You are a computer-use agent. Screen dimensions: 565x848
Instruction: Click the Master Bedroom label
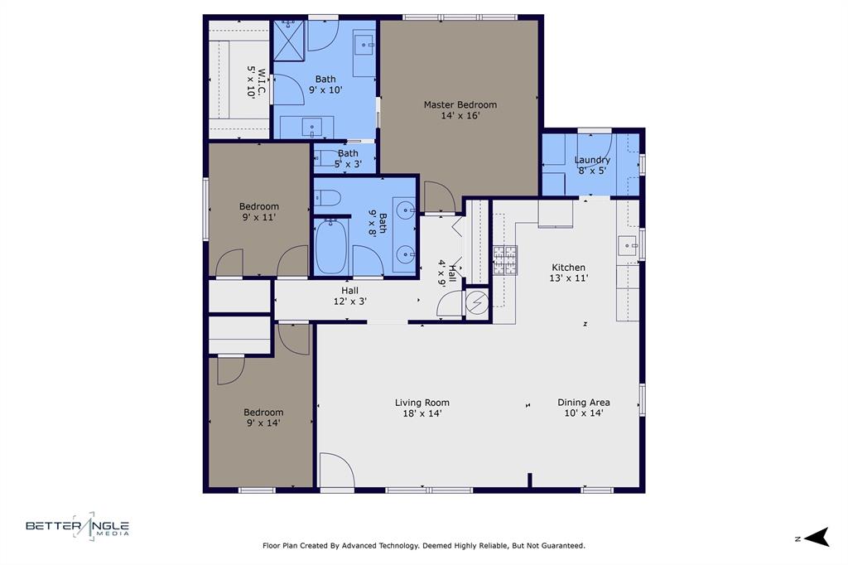point(460,110)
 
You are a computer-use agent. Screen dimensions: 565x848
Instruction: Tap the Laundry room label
point(592,165)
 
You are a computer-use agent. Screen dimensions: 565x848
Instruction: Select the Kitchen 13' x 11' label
point(569,273)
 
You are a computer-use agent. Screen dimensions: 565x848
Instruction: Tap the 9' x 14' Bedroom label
point(263,418)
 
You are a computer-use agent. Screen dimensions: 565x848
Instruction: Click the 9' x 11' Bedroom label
point(259,211)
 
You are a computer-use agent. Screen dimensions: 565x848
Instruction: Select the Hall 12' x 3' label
point(349,296)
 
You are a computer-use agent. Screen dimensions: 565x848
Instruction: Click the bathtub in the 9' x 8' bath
point(330,245)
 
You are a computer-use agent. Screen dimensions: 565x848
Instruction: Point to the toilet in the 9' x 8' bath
point(329,197)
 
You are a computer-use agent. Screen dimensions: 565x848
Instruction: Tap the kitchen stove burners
point(505,261)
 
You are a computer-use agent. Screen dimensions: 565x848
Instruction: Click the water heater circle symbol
point(477,304)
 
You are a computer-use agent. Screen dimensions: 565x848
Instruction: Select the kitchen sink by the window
point(627,245)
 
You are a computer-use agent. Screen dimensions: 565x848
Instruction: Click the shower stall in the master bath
point(289,39)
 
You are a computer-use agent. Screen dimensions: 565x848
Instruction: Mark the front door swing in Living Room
point(335,470)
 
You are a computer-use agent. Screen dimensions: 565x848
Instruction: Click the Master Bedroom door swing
point(438,196)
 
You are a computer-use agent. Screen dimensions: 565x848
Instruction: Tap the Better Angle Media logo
point(78,526)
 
